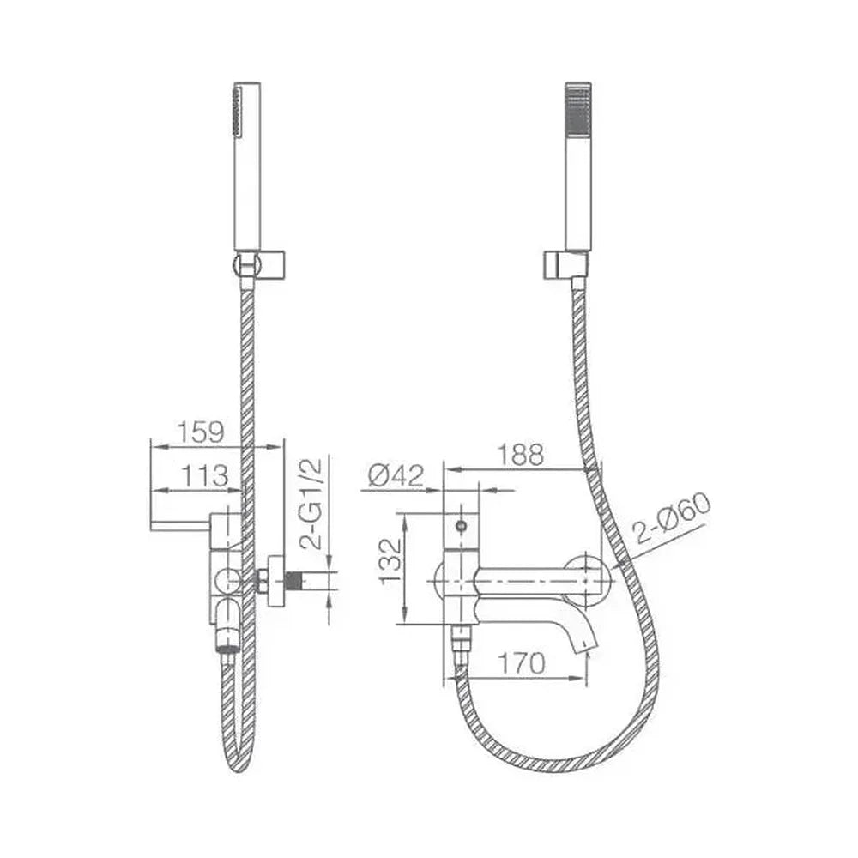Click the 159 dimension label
tap(200, 432)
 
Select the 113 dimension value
tap(204, 476)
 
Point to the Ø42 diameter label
tap(396, 475)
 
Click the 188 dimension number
tap(521, 454)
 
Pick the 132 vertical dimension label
tap(390, 561)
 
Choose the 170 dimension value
tap(521, 664)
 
